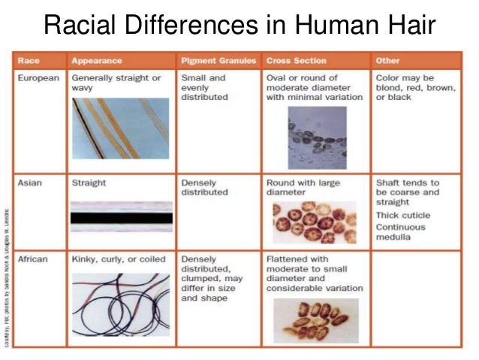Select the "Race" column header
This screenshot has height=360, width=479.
(x=29, y=60)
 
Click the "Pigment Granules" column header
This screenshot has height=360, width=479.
(x=218, y=60)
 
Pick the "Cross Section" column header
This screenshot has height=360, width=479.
(x=296, y=60)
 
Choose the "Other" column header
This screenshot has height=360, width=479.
(x=387, y=60)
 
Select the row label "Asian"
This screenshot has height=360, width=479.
(x=30, y=183)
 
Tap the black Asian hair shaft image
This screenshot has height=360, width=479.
(x=121, y=217)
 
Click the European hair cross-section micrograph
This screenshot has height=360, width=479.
(x=317, y=137)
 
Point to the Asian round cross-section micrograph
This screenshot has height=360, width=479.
(x=315, y=221)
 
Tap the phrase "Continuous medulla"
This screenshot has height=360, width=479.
(x=401, y=232)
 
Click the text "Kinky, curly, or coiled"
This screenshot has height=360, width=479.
(x=116, y=259)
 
